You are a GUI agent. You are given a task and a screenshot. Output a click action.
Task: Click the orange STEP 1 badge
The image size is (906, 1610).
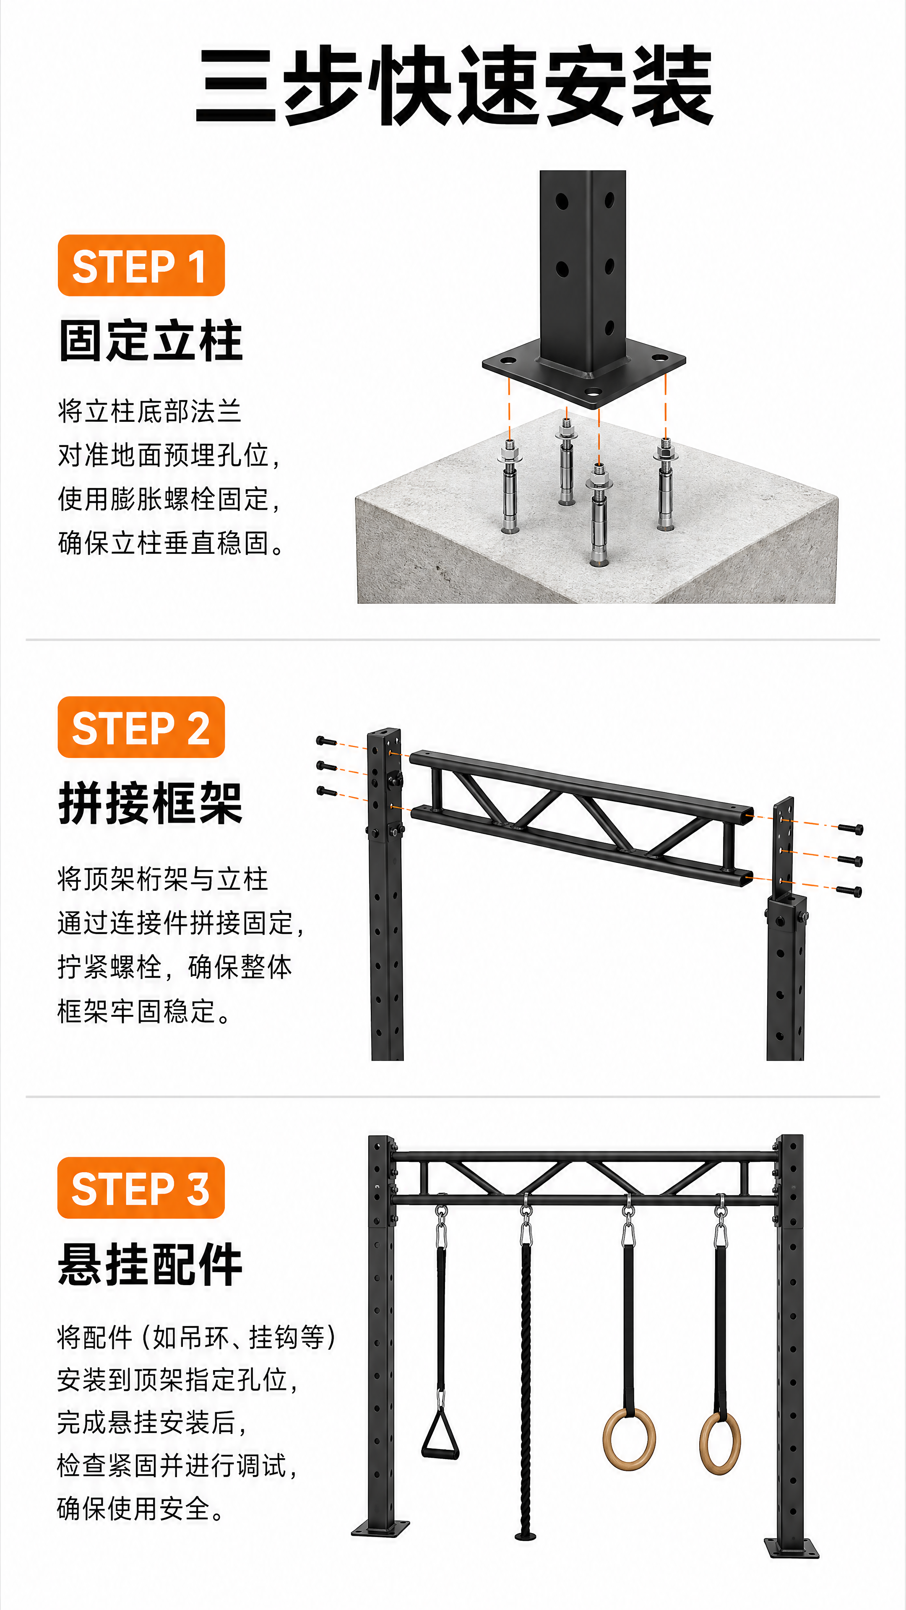click(x=141, y=266)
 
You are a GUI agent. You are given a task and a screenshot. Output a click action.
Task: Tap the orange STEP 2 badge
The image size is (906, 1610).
click(x=141, y=727)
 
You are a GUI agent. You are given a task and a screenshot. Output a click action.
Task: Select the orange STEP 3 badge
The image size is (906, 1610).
click(x=141, y=1187)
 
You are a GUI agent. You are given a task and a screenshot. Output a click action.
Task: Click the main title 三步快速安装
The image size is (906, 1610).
click(x=455, y=86)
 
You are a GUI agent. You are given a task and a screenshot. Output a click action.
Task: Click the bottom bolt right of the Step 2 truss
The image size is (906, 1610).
click(x=849, y=890)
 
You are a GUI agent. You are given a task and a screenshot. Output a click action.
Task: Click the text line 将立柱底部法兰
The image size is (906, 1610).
click(x=149, y=411)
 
